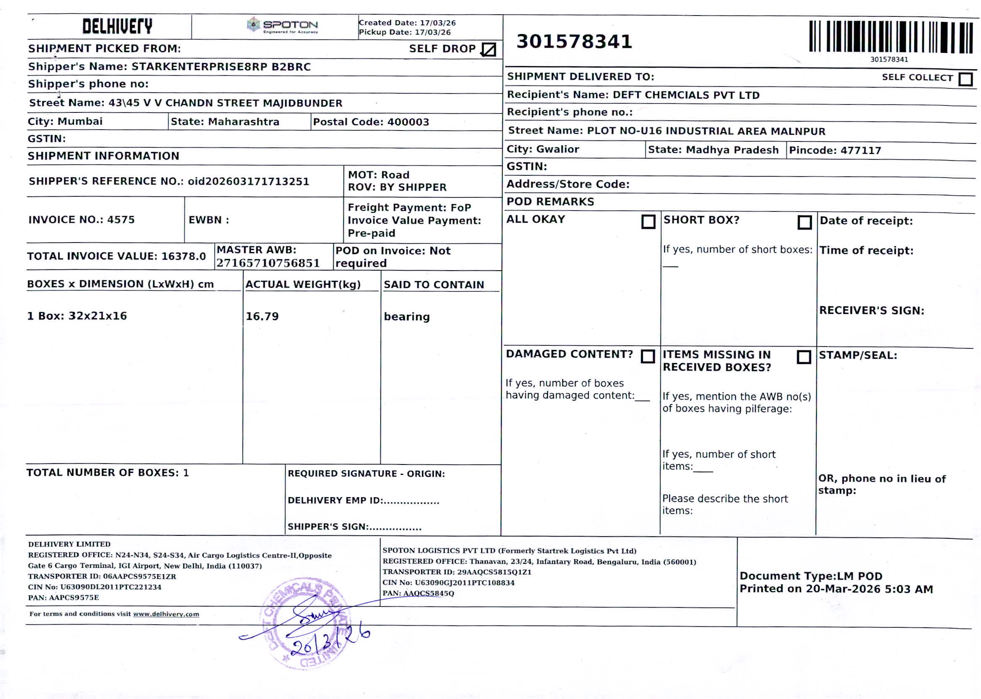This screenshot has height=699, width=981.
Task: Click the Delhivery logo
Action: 117,26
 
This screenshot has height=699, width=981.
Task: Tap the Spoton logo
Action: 283,26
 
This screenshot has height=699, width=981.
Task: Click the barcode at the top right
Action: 890,37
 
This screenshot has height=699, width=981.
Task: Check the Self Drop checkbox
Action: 488,50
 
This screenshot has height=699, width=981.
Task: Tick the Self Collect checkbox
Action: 965,79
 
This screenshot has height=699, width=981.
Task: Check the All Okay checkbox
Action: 648,222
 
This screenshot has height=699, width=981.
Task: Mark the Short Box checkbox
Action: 804,222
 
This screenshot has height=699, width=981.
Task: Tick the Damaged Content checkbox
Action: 647,356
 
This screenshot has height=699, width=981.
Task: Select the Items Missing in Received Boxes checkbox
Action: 803,357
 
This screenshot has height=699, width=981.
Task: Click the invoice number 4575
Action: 120,220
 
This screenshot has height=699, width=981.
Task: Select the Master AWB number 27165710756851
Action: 268,263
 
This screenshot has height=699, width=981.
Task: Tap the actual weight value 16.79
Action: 262,316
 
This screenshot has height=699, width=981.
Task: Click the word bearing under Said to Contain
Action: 406,317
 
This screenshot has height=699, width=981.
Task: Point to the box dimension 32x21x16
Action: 97,316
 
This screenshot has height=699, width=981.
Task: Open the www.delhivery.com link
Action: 166,614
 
